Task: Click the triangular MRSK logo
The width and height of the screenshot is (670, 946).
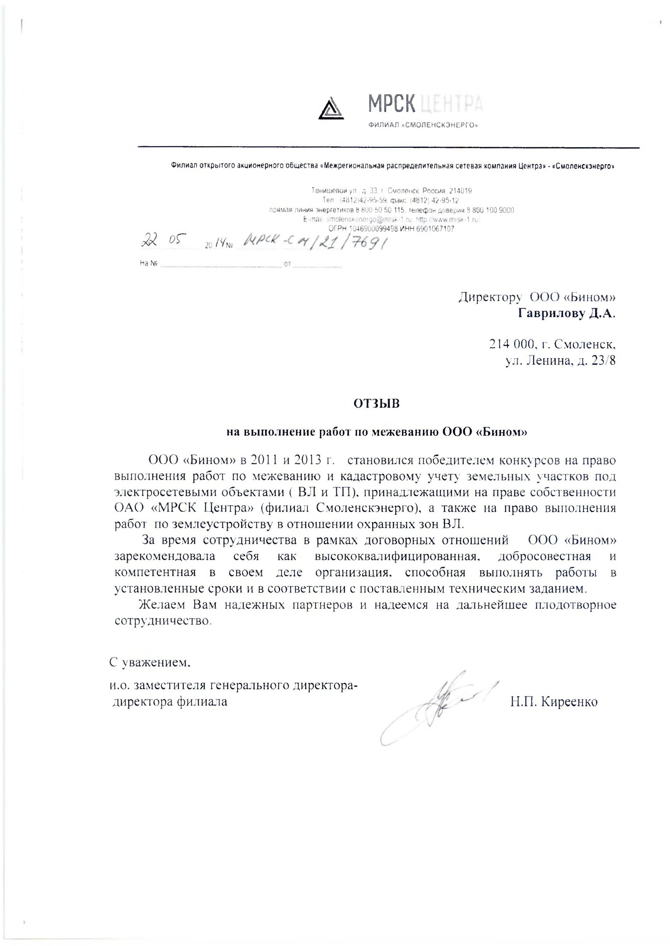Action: [331, 108]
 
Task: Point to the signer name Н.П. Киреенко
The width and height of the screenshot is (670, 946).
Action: [554, 701]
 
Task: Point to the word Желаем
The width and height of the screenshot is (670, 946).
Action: [159, 605]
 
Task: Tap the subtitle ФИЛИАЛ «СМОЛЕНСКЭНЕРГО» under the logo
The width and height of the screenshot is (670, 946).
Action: [423, 125]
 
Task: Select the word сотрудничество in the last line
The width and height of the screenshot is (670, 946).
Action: [163, 621]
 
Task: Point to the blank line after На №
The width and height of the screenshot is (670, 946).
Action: [220, 266]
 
